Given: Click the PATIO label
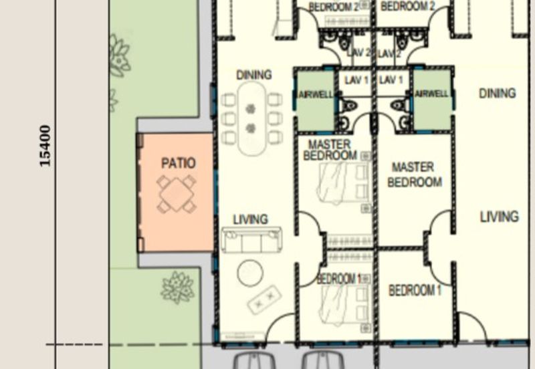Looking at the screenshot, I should [x=178, y=163].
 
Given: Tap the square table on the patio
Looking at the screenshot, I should [x=177, y=195].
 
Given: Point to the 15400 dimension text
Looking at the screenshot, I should [x=45, y=146].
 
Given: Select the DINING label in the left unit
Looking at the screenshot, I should [x=253, y=74].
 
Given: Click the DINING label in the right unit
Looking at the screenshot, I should [x=497, y=94].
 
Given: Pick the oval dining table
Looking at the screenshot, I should [x=251, y=118].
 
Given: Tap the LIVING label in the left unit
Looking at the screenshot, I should [x=250, y=219].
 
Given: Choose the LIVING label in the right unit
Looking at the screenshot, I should [x=499, y=217].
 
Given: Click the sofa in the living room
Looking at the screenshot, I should [x=251, y=240].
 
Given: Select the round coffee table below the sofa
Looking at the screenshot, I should [x=249, y=271].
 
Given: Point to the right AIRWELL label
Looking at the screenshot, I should [x=431, y=94].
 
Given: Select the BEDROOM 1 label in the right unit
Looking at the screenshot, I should [x=415, y=291].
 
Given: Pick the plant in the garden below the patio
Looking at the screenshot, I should [x=178, y=287].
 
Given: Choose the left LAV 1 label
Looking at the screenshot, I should [x=356, y=80].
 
